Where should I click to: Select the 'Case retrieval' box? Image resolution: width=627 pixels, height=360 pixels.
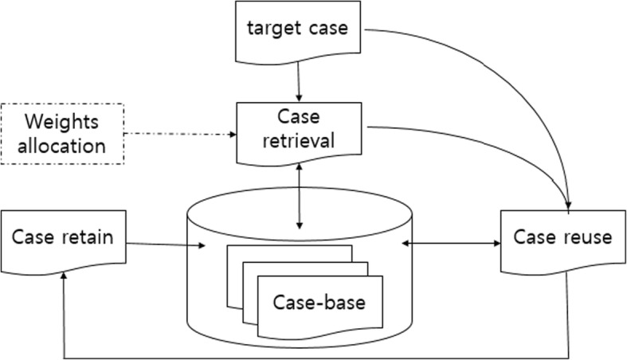297,129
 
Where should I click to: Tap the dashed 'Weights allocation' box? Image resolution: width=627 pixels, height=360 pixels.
63,133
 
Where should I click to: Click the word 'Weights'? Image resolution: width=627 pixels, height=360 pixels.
63,122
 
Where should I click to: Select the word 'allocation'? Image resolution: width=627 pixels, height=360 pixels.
63,146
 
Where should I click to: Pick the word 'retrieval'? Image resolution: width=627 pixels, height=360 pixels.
297,140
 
